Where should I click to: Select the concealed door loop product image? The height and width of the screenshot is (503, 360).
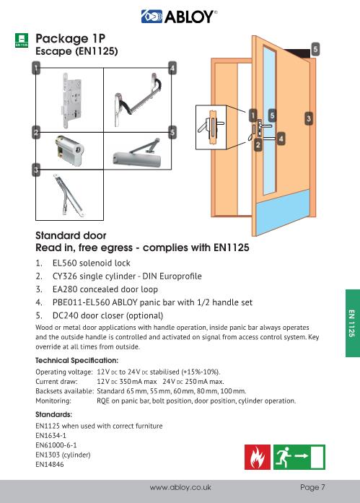[70, 198]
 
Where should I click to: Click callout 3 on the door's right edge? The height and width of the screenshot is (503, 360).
[309, 117]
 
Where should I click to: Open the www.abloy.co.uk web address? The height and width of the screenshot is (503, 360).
[180, 488]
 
